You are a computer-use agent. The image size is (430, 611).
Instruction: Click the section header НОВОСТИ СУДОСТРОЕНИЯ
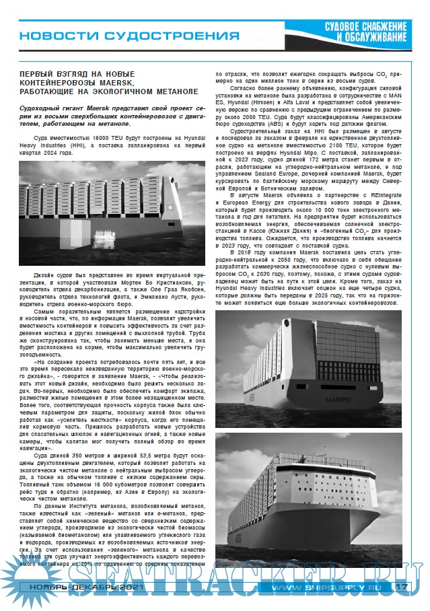(128, 34)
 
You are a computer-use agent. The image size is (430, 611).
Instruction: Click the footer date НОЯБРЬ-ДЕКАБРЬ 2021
(71, 587)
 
